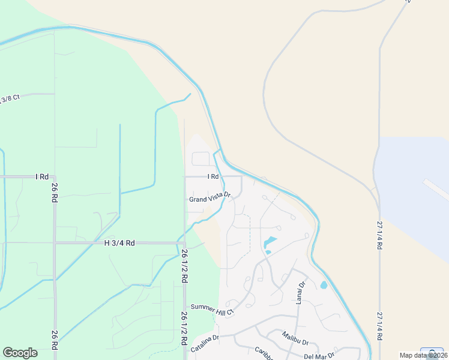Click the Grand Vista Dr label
coord(209,199)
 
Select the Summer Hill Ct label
coord(212,308)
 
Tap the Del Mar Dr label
coord(319,356)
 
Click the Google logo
coord(20,352)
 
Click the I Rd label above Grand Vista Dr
coord(212,176)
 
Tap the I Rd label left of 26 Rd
coord(41,177)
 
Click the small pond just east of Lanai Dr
coord(324,285)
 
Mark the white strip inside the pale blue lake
coord(436,188)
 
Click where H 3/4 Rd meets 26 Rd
coord(55,243)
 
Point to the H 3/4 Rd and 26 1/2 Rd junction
coord(184,243)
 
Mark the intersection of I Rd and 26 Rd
coord(55,177)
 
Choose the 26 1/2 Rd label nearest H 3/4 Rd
coord(184,266)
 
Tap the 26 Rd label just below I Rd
coord(54,192)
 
